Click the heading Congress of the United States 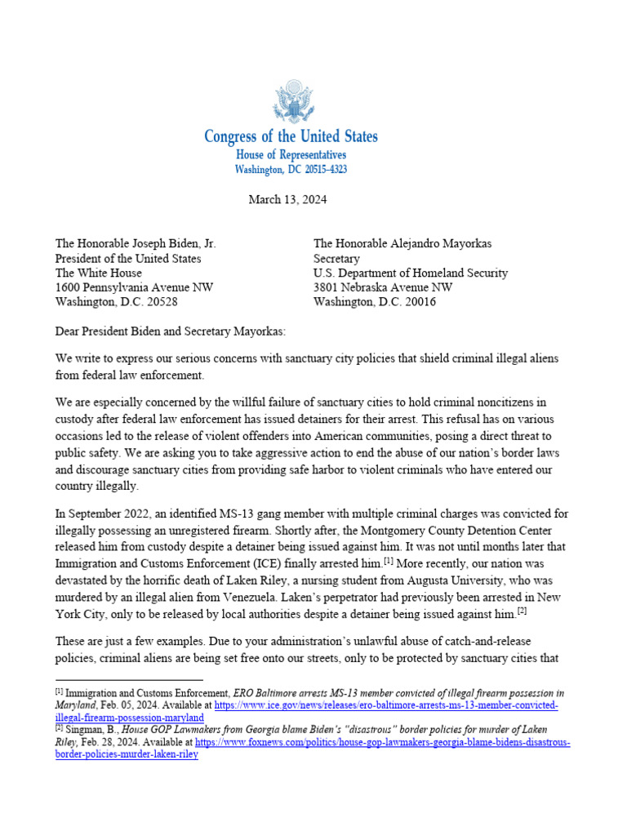click(x=291, y=136)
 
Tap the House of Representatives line click(x=291, y=155)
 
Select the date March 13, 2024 click(x=287, y=200)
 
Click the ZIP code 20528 click(x=160, y=301)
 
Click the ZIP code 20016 click(x=419, y=301)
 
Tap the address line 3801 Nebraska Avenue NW click(x=383, y=287)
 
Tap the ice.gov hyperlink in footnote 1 click(x=386, y=705)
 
